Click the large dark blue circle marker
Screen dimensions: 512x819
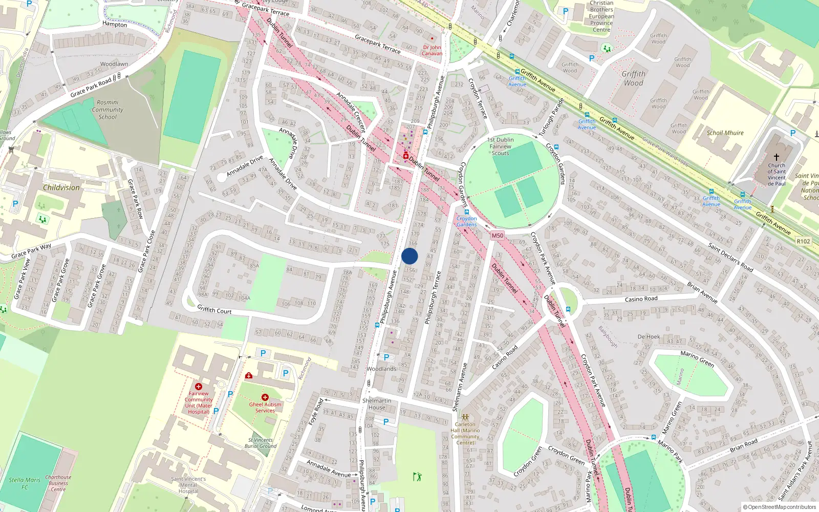(409, 256)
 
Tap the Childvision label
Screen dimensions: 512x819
(61, 187)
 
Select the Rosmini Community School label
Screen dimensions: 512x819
(107, 110)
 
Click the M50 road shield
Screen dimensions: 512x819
(497, 236)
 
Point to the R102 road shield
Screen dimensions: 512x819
(804, 241)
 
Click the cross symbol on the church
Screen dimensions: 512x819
(776, 157)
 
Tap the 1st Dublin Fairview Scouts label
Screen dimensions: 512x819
(501, 146)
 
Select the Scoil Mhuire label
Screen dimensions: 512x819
(725, 133)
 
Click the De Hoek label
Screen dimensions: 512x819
(649, 336)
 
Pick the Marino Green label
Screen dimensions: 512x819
(697, 358)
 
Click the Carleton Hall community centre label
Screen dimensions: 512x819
(465, 433)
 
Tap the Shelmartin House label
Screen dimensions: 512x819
(377, 404)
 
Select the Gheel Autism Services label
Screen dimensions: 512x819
(265, 407)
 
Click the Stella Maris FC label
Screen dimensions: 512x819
(25, 483)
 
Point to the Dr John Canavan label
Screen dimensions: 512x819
(432, 50)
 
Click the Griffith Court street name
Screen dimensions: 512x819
(214, 310)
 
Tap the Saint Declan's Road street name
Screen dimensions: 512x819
(730, 257)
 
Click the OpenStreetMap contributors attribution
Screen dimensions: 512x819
(779, 507)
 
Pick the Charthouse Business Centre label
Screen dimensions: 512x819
(58, 483)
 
